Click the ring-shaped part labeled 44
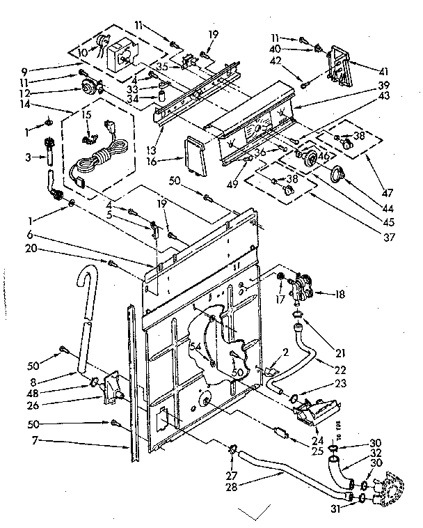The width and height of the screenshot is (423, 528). (338, 174)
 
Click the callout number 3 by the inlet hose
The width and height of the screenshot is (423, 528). (27, 158)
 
